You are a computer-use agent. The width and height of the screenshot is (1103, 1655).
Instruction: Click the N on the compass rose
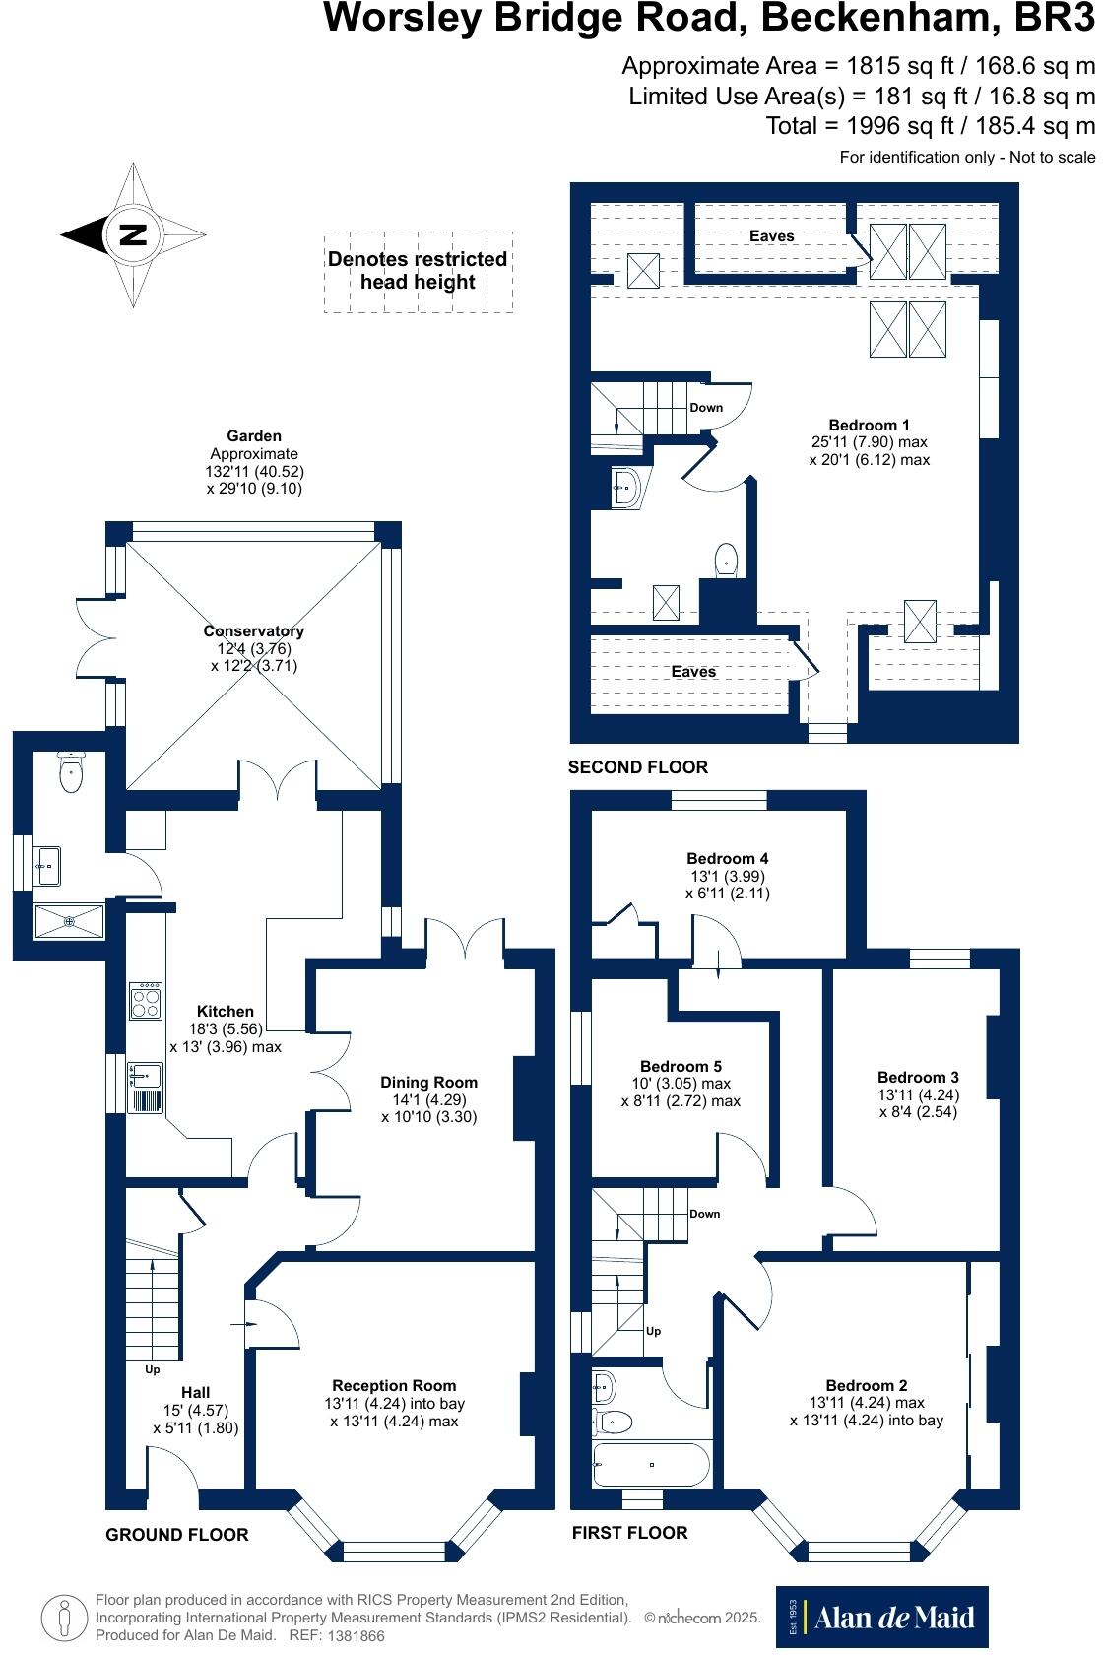(132, 234)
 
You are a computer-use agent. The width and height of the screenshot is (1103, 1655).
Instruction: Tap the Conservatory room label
(253, 631)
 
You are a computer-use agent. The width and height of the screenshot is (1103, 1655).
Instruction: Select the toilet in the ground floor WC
(72, 772)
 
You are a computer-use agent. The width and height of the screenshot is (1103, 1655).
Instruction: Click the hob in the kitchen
(146, 1001)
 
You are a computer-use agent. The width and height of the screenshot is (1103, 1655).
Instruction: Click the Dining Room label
(428, 1083)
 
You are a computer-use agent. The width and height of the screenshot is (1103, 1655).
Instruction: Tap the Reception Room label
(394, 1385)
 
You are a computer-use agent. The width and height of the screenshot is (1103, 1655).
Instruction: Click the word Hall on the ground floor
(195, 1392)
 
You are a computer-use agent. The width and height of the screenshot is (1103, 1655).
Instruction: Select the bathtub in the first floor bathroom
(651, 1465)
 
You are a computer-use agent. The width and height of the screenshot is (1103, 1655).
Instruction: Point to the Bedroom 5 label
(681, 1066)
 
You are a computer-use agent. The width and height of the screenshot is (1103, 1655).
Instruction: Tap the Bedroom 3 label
(918, 1077)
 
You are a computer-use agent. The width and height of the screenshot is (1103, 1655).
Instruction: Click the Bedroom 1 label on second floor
(869, 426)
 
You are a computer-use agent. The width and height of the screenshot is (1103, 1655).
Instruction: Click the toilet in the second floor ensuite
(727, 560)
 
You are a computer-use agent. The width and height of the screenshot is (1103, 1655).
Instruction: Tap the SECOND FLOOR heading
(638, 767)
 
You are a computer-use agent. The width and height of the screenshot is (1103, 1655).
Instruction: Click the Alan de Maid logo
(881, 1617)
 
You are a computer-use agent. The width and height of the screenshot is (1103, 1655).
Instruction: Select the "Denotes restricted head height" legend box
(418, 271)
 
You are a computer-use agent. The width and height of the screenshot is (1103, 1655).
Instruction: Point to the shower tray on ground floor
(70, 921)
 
